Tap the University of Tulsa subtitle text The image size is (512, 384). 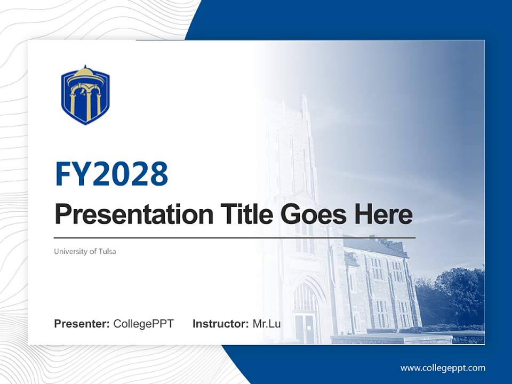pos(85,251)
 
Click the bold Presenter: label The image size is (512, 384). pos(82,324)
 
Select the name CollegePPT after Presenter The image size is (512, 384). pos(143,324)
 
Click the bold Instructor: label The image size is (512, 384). pos(220,324)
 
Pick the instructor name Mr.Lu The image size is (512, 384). pos(267,324)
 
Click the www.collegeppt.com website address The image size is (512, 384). pos(443,368)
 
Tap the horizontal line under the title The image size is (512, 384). pos(235,237)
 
